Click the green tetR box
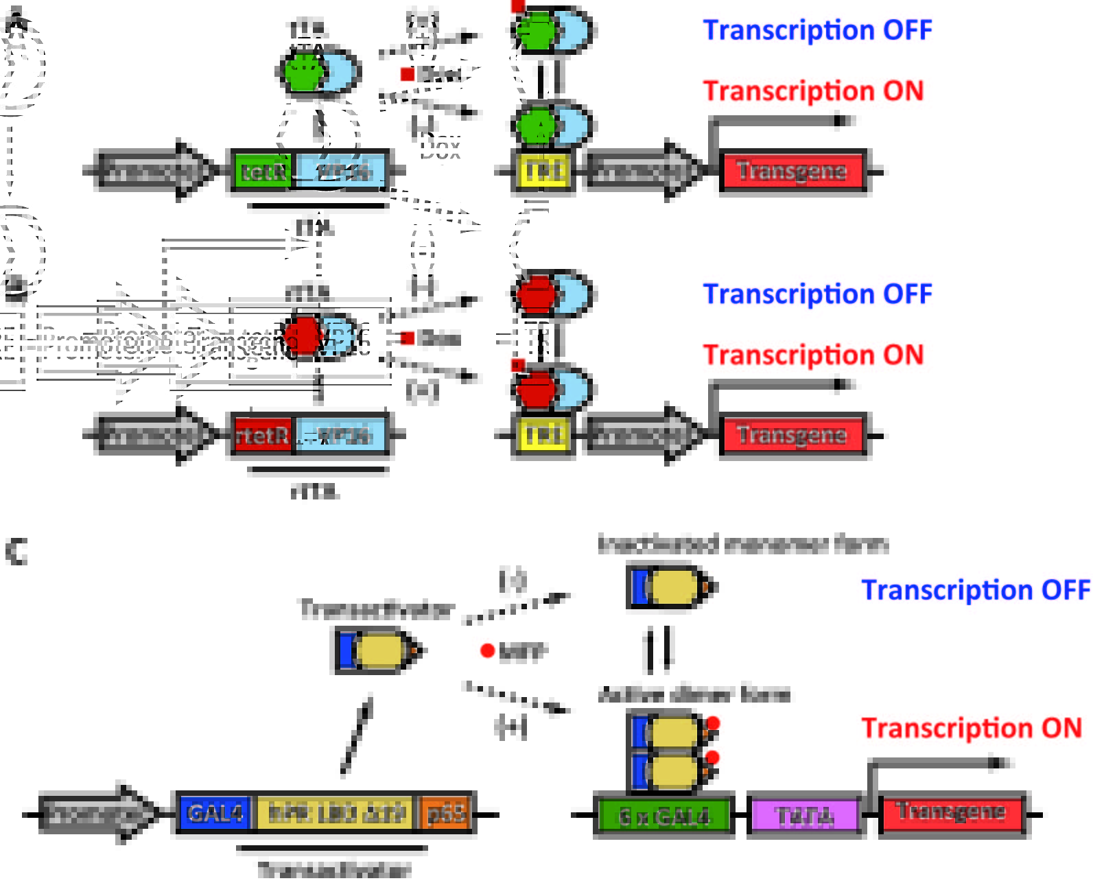(x=263, y=171)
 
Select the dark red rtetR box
(x=263, y=435)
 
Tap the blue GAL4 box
(x=215, y=814)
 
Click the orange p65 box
(x=447, y=814)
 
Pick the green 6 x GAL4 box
(x=663, y=816)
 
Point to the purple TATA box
(x=805, y=816)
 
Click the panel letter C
(x=16, y=551)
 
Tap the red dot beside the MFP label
(x=487, y=650)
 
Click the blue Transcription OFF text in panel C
(x=975, y=590)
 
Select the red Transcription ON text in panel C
(x=971, y=728)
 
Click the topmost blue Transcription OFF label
(x=817, y=30)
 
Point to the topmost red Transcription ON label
(x=813, y=91)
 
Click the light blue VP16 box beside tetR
(x=341, y=171)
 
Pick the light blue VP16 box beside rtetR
(x=341, y=435)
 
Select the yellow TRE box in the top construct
(x=543, y=172)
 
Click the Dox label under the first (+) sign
(x=440, y=148)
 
